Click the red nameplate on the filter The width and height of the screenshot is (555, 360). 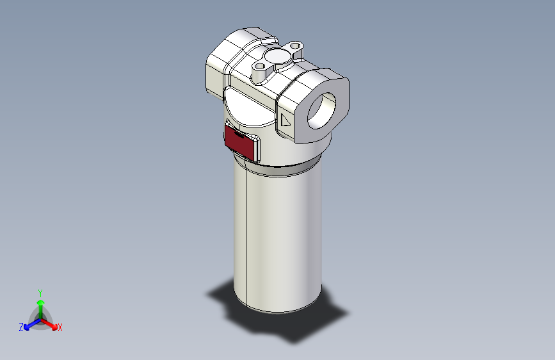point(241,142)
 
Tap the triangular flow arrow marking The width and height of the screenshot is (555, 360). point(286,120)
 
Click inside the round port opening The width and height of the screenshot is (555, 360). point(325,109)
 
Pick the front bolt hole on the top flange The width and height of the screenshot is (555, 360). point(259,66)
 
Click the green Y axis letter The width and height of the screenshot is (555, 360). point(40,291)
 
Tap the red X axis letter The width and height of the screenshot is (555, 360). point(60,328)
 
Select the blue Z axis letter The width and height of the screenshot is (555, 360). point(21,327)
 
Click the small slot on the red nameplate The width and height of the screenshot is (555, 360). point(236,134)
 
